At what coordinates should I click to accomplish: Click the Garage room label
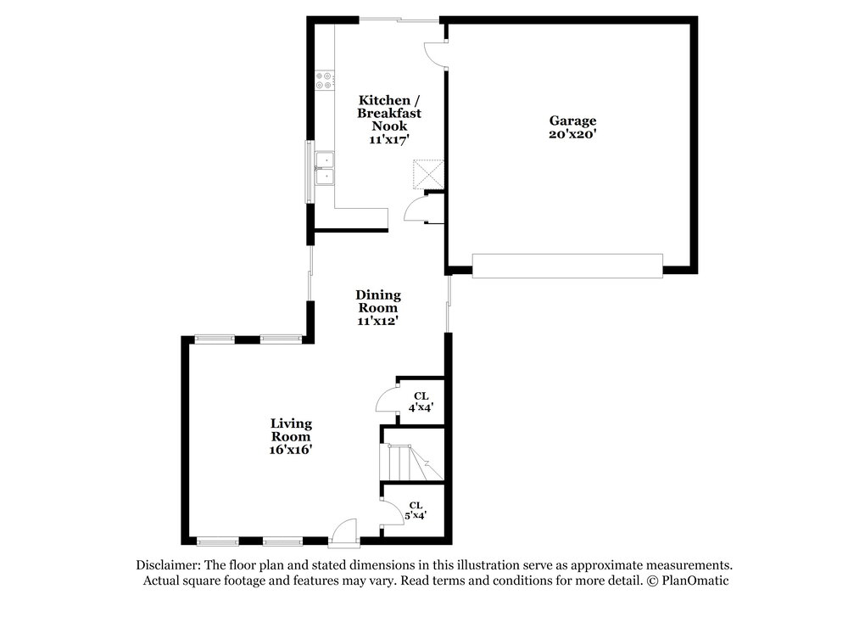click(x=572, y=121)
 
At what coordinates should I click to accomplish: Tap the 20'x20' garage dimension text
click(x=572, y=134)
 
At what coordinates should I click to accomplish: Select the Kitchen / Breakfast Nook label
click(x=389, y=113)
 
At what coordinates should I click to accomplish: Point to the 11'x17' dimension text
click(x=389, y=139)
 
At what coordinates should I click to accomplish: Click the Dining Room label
click(x=378, y=301)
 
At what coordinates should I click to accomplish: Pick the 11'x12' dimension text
click(x=378, y=321)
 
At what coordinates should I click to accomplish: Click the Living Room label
click(x=291, y=429)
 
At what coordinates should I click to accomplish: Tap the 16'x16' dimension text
click(x=291, y=449)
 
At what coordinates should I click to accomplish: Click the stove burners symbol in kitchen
click(x=324, y=81)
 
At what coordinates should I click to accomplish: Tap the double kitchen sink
click(x=325, y=168)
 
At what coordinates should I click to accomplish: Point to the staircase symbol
click(x=411, y=463)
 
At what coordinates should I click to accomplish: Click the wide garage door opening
click(x=567, y=266)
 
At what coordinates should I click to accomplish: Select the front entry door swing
click(x=344, y=530)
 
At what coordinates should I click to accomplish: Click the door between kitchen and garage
click(x=436, y=54)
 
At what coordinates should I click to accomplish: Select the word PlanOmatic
click(x=695, y=581)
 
